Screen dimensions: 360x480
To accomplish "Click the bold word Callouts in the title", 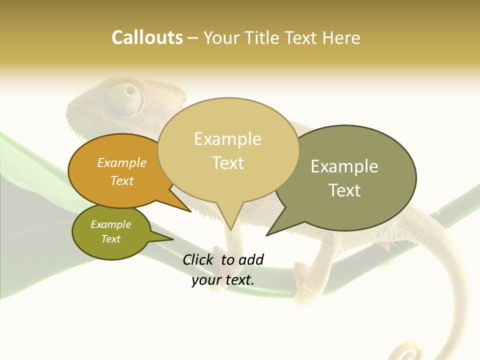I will coord(147,37).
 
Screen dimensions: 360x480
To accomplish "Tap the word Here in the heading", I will coord(341,38).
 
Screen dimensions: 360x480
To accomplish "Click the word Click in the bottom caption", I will coord(198,259).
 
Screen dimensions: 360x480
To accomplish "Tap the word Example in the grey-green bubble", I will coord(344,166).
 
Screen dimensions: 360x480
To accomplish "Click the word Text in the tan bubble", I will coord(228,162).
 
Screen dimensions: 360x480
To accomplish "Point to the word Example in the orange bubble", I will coord(122,162).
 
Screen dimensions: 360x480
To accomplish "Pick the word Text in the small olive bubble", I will coord(111,239).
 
